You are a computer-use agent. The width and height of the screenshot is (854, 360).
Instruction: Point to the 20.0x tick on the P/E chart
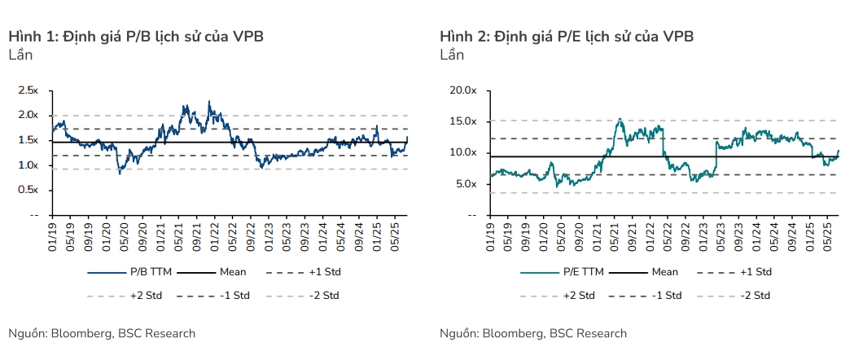(x=463, y=90)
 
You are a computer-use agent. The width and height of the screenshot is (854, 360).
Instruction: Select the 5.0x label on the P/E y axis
(x=466, y=184)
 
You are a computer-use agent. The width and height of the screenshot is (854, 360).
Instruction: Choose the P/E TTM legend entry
(x=562, y=271)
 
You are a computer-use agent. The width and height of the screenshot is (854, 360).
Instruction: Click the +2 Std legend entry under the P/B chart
(x=125, y=296)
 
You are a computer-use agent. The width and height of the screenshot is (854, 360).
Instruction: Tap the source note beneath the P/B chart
(x=102, y=333)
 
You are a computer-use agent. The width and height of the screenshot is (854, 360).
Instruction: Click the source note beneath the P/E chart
(x=533, y=333)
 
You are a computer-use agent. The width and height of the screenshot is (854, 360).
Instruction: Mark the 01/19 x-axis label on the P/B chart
(x=53, y=235)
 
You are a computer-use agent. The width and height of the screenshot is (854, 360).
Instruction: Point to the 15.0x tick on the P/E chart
(x=463, y=121)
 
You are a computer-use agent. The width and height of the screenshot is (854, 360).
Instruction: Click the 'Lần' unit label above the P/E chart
(x=452, y=55)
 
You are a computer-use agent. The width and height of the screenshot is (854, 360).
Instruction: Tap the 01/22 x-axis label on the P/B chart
(x=213, y=235)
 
